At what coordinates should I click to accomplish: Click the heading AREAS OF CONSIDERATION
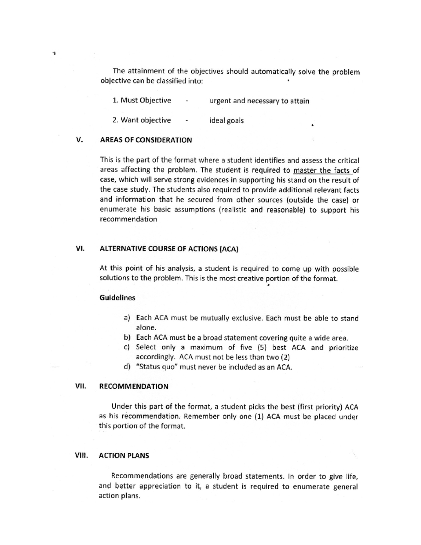146,140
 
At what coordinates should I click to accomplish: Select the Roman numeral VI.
80,248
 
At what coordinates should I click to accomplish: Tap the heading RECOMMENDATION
134,386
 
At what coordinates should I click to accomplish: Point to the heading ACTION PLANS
124,456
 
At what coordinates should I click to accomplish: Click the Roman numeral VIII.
81,456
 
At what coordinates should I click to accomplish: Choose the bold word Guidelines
117,298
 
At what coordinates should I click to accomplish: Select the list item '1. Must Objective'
142,100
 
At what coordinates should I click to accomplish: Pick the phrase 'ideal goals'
226,120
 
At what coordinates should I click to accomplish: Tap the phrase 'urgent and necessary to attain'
259,101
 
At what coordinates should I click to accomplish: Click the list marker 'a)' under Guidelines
127,318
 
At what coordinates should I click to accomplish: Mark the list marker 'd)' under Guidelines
127,367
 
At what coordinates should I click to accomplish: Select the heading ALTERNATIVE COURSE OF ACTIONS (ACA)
169,249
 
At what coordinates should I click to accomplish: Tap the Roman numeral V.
79,140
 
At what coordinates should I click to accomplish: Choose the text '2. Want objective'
141,120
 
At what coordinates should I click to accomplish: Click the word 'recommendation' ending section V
128,219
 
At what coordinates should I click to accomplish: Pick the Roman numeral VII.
80,386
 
